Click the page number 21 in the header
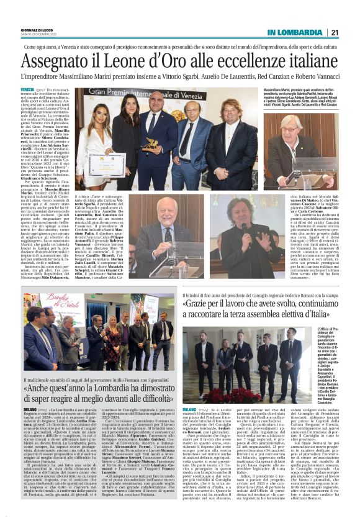334,32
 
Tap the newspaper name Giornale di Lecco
36,30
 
